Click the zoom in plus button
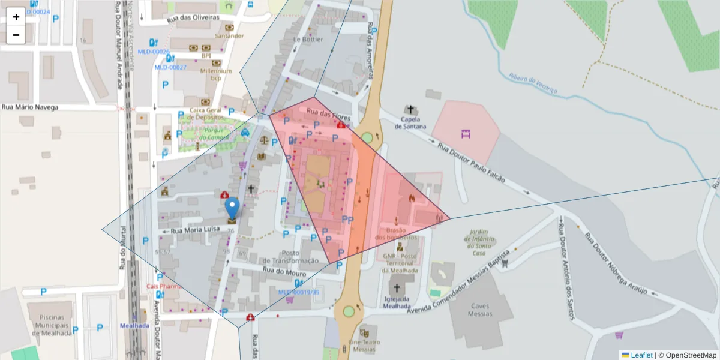click(16, 17)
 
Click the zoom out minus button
click(16, 35)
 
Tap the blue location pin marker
click(232, 209)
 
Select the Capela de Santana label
click(410, 123)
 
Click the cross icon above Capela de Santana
click(410, 110)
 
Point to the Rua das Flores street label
click(328, 113)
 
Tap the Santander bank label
click(229, 36)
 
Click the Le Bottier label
click(308, 40)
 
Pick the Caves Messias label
click(481, 310)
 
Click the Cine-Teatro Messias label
click(364, 346)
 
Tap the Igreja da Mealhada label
click(396, 302)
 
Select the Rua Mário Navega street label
click(30, 107)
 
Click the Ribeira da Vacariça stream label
click(533, 84)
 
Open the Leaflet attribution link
click(641, 355)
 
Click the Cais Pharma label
click(164, 286)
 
